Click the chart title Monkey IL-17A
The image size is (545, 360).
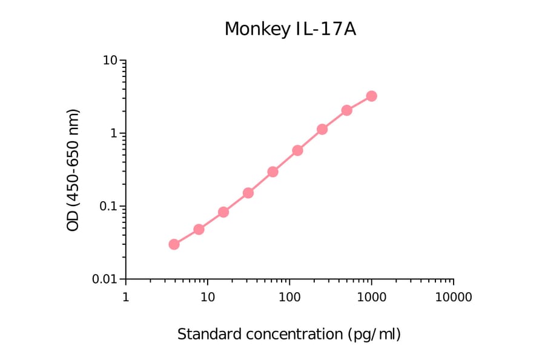290,28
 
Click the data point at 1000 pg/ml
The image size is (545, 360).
371,96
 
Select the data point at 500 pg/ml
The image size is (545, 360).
346,110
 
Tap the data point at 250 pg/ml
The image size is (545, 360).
322,129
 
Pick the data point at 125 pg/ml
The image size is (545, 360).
297,150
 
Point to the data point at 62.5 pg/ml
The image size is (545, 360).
272,172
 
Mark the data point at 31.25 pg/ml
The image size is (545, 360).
248,193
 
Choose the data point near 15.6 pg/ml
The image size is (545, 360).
223,212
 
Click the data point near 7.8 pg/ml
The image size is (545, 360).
199,229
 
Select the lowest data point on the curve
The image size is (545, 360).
174,244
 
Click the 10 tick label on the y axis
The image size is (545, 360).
110,61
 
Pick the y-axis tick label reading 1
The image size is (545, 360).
113,134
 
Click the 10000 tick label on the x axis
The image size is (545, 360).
453,298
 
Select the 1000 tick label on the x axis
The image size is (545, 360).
371,298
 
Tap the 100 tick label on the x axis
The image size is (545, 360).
289,298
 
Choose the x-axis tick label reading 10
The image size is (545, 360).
208,298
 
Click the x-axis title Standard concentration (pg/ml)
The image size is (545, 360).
289,334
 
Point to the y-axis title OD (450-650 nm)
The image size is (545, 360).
73,170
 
